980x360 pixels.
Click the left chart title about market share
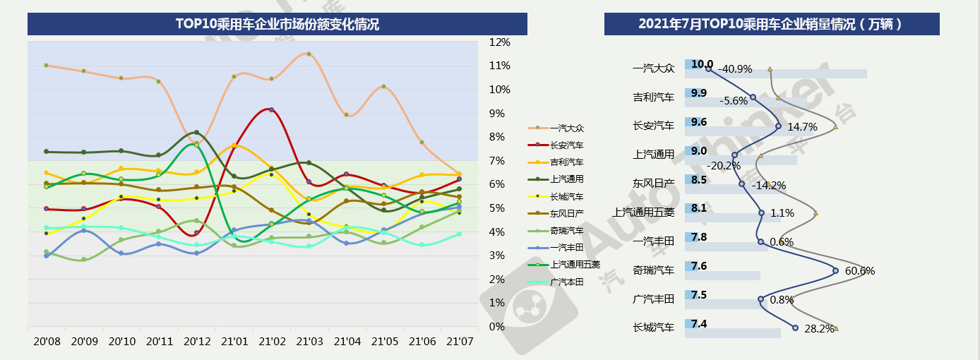(x=277, y=24)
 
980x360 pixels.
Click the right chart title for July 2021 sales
(x=771, y=24)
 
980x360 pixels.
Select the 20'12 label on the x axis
(x=196, y=342)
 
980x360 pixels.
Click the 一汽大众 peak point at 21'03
(x=309, y=54)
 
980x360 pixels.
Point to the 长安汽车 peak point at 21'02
(x=271, y=110)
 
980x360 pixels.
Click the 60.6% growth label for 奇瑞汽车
(x=859, y=271)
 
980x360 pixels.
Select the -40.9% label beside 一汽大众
(x=736, y=69)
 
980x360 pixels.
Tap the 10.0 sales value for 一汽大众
(x=702, y=64)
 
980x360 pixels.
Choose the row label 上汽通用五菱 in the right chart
(x=643, y=212)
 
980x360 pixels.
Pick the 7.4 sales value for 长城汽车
(x=699, y=324)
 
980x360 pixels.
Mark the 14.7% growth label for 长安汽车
(x=802, y=127)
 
